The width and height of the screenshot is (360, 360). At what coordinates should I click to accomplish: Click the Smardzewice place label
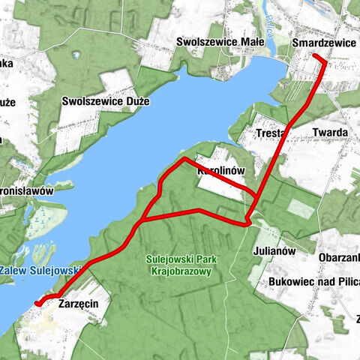tap(325, 43)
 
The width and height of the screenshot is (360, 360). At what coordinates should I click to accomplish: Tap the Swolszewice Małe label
tap(217, 42)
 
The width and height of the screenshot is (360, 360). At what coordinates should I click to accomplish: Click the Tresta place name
tap(268, 133)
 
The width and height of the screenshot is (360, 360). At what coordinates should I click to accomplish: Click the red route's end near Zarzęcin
tap(37, 303)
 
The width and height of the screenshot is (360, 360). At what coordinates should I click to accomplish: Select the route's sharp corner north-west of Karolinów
tap(184, 159)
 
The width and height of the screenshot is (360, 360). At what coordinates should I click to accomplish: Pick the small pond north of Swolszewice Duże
tap(76, 54)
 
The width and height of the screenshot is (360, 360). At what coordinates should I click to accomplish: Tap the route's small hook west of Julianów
tap(248, 222)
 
